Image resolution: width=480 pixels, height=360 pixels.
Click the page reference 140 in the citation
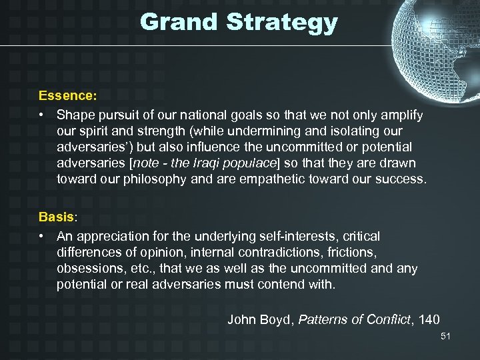(x=429, y=319)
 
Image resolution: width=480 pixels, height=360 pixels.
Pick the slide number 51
(x=445, y=337)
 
